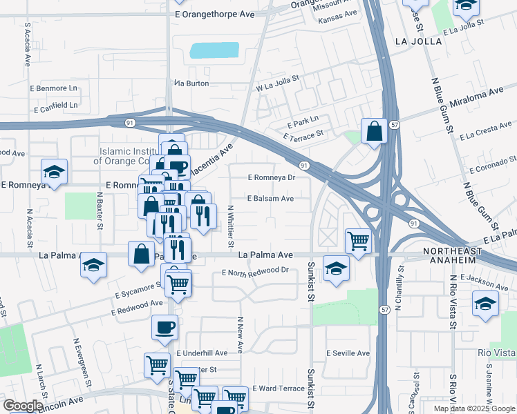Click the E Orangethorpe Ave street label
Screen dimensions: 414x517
pyautogui.click(x=215, y=14)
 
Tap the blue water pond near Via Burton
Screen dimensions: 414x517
pyautogui.click(x=214, y=50)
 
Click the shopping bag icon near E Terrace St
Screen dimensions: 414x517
pyautogui.click(x=373, y=131)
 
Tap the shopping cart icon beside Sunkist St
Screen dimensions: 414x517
pyautogui.click(x=358, y=241)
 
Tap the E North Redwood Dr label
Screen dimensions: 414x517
pyautogui.click(x=254, y=271)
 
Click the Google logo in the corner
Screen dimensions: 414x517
pyautogui.click(x=22, y=406)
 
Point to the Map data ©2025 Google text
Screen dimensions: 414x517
pyautogui.click(x=473, y=408)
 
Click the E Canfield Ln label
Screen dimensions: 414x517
pyautogui.click(x=55, y=106)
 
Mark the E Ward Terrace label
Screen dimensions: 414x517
pyautogui.click(x=279, y=388)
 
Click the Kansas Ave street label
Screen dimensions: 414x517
pyautogui.click(x=338, y=14)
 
